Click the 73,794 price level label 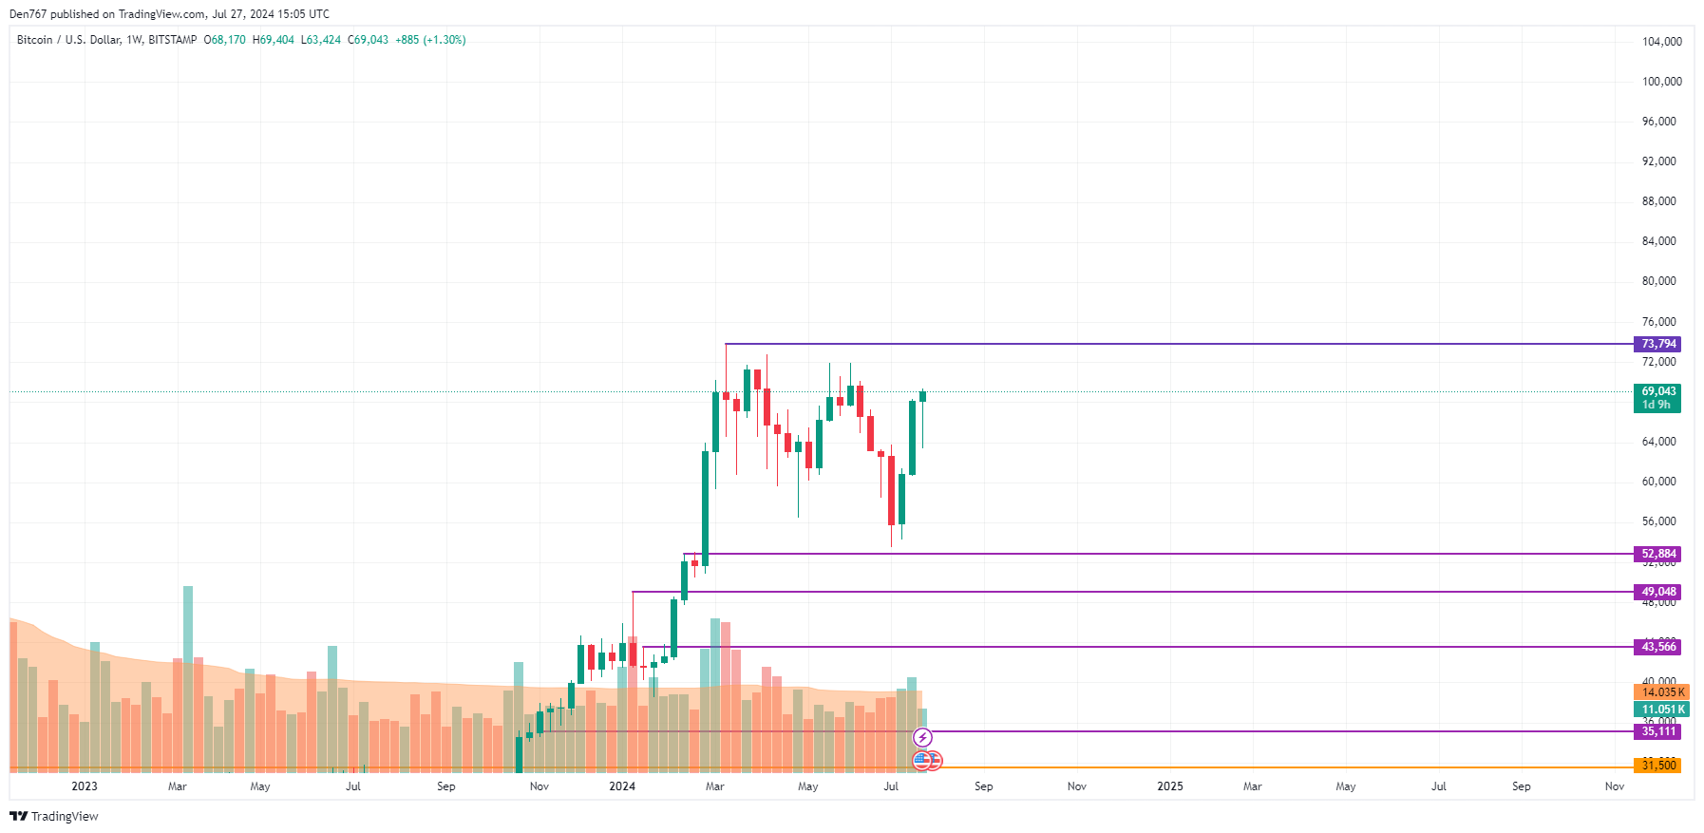pos(1658,344)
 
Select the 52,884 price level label pos(1658,554)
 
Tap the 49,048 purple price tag pos(1658,592)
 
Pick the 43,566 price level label pos(1658,647)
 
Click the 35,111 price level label pos(1658,731)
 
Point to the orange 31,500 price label pos(1658,766)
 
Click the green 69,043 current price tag pos(1658,391)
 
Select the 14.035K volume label pos(1662,692)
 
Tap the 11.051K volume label pos(1662,710)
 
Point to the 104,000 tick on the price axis pos(1661,42)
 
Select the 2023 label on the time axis pos(85,786)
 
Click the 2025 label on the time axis pos(1170,786)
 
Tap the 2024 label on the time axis pos(622,786)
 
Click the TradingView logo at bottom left pos(54,817)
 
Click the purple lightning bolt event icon pos(922,738)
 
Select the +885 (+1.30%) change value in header pos(430,40)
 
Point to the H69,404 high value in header pos(274,40)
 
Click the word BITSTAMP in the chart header pos(173,40)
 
